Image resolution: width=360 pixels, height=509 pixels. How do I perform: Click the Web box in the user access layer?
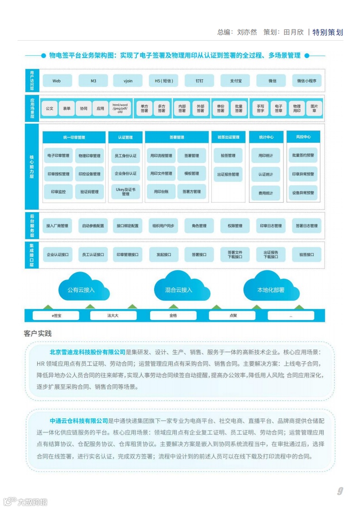click(x=57, y=81)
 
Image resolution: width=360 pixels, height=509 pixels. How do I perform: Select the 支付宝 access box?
click(x=235, y=81)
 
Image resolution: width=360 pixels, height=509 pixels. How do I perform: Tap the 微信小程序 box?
click(x=307, y=81)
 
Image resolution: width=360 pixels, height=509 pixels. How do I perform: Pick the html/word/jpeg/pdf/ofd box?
click(x=120, y=108)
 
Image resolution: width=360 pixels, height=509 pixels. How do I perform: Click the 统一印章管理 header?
click(x=74, y=137)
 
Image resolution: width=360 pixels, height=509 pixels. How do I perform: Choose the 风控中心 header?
click(x=303, y=137)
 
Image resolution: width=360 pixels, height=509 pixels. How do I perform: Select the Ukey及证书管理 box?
click(x=126, y=192)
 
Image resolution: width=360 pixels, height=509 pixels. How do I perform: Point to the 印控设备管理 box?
click(x=89, y=174)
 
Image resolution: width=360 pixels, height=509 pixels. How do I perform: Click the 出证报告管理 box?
click(x=228, y=174)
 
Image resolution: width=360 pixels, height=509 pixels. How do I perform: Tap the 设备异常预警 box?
click(x=303, y=193)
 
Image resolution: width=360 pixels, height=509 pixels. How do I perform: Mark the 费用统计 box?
click(x=266, y=193)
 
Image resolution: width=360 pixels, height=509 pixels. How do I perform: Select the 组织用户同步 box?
click(x=163, y=225)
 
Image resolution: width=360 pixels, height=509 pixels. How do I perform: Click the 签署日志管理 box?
click(x=307, y=225)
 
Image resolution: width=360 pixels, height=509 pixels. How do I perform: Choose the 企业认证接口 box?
click(x=58, y=255)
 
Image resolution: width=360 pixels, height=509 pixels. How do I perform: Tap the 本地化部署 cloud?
click(x=271, y=290)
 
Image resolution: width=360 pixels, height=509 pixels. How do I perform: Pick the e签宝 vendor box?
click(x=56, y=315)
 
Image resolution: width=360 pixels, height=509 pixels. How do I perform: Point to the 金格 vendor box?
click(x=173, y=315)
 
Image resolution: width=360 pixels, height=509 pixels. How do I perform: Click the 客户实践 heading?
click(x=38, y=334)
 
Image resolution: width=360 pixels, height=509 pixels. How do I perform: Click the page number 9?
click(x=340, y=491)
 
